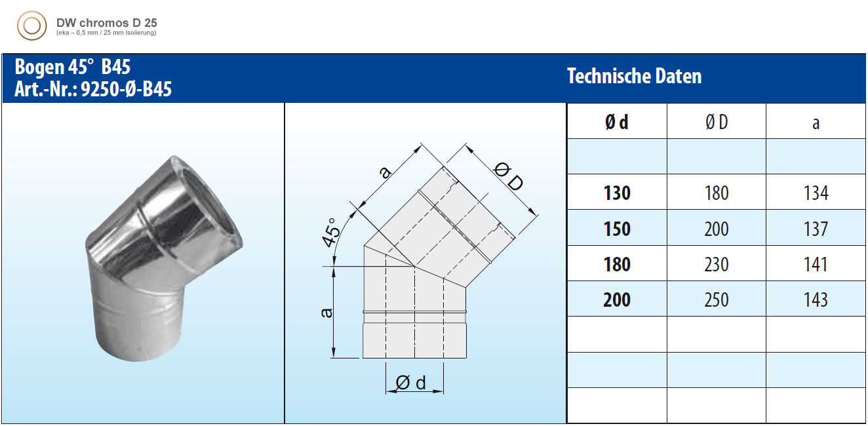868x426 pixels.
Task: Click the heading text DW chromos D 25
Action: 107,23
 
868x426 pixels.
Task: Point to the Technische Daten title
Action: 635,76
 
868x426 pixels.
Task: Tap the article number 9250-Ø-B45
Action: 126,89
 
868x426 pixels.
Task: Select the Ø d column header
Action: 616,123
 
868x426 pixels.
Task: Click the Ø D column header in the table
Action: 717,123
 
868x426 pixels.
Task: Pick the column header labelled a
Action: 816,123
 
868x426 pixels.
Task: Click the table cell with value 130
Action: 617,193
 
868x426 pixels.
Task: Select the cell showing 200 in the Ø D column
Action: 717,229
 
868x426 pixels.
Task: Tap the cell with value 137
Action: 816,229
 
